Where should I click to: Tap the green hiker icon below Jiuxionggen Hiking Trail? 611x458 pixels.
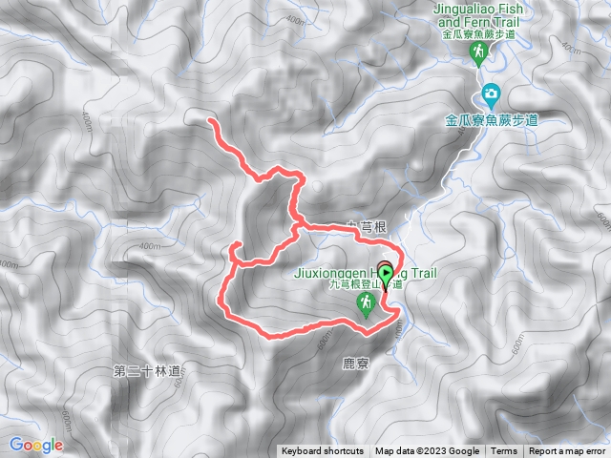point(364,303)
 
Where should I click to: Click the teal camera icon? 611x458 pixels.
point(491,94)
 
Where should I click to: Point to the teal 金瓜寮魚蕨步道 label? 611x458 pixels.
point(492,120)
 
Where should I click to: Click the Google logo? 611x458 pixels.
point(36,445)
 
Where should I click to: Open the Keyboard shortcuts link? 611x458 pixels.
point(322,451)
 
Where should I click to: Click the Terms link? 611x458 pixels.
point(504,451)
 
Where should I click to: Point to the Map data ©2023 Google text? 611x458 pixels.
point(427,451)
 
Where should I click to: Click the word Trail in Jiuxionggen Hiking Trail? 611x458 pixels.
point(422,274)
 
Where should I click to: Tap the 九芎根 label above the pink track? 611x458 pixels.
point(366,226)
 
